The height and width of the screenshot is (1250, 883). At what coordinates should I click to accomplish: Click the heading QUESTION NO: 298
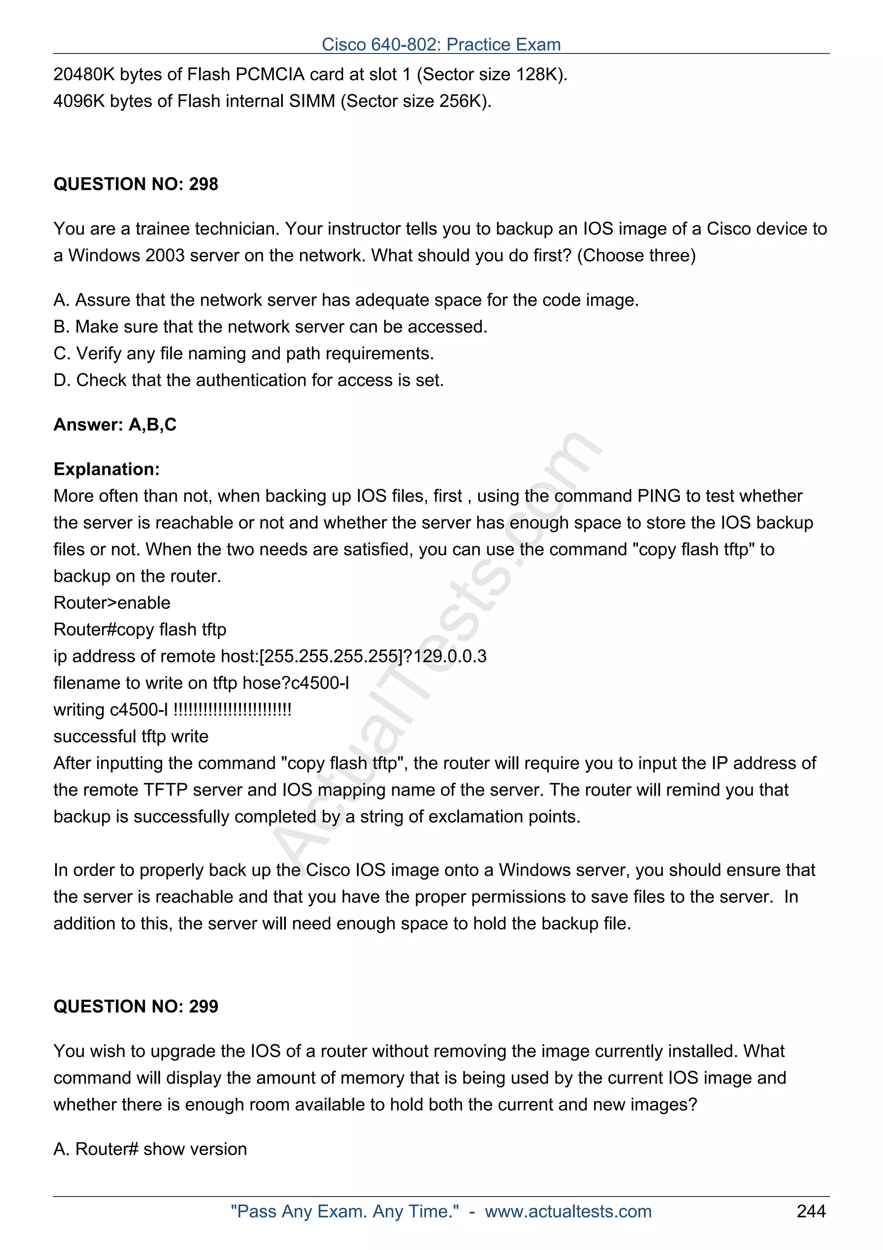coord(135,184)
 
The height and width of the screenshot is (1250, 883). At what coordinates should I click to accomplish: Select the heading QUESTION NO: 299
coord(135,1006)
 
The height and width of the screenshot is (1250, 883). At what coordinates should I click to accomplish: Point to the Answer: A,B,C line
coord(115,425)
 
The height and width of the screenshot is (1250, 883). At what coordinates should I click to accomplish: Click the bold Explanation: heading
coord(106,469)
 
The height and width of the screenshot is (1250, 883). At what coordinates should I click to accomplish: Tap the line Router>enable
coord(112,603)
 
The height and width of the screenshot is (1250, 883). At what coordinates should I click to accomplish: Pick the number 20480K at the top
coord(84,74)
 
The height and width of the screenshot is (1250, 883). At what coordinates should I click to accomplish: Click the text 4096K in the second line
coord(79,101)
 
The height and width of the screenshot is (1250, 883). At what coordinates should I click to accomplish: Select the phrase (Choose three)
coord(636,255)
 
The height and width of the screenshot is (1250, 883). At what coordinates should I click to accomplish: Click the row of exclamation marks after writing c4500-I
coord(232,710)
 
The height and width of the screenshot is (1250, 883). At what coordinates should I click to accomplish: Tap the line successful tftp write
coord(131,736)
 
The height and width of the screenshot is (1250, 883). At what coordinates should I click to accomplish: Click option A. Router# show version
coord(150,1149)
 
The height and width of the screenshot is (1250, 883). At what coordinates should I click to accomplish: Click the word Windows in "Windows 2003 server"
coord(104,255)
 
